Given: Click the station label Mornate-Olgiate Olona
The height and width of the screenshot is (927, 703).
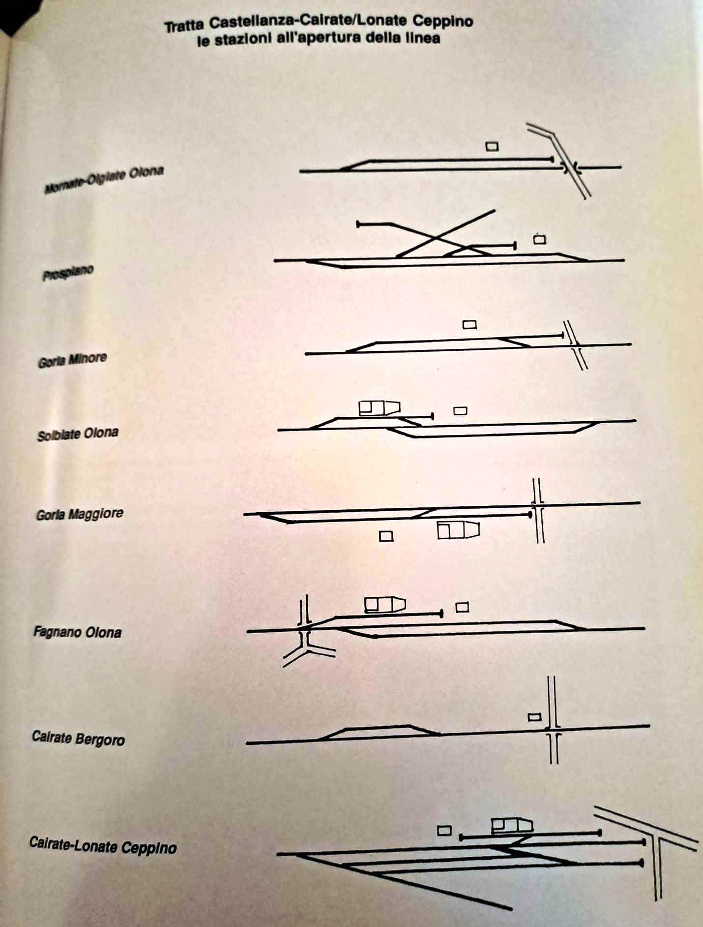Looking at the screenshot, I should coord(104,180).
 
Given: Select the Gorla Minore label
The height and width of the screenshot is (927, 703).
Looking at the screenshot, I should coord(72,360).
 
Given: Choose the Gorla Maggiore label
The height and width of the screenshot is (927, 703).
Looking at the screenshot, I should coord(80,515).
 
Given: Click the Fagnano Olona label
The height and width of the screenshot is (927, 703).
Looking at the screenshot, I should coord(77,632).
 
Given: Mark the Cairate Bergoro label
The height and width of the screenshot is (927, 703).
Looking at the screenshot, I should coord(78,738).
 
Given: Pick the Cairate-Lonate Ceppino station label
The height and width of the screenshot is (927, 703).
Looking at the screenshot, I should coord(103,846).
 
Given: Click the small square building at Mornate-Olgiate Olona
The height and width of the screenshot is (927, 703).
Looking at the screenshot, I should coord(492,147).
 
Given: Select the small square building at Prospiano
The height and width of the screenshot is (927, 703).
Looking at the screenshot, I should coord(540,240).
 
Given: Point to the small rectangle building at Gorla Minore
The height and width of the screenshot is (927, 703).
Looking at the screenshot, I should coord(470,325).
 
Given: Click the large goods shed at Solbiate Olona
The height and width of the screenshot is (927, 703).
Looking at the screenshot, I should coord(379,408).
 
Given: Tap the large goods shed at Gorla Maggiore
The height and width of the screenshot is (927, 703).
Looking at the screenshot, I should coord(458,530).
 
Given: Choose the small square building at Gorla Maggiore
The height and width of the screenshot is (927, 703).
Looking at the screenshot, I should coord(386,536).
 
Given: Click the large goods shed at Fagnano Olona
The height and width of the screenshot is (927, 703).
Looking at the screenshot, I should coord(384,605).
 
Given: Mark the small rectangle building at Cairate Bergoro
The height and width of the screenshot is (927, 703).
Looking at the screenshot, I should coord(534,717).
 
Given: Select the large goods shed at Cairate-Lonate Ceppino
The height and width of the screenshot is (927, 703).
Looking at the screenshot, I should coord(512,825).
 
